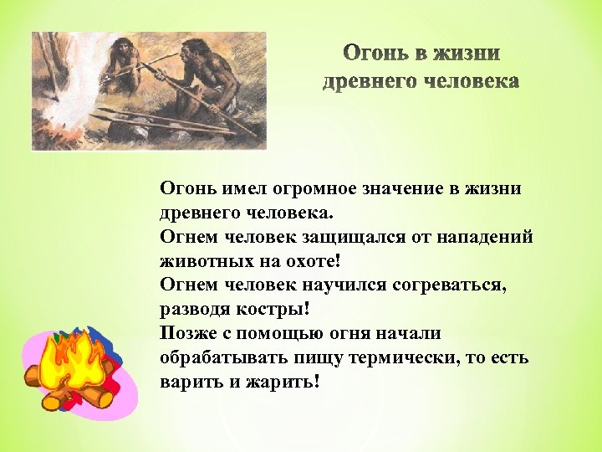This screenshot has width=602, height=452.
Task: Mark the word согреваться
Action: (462, 285)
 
